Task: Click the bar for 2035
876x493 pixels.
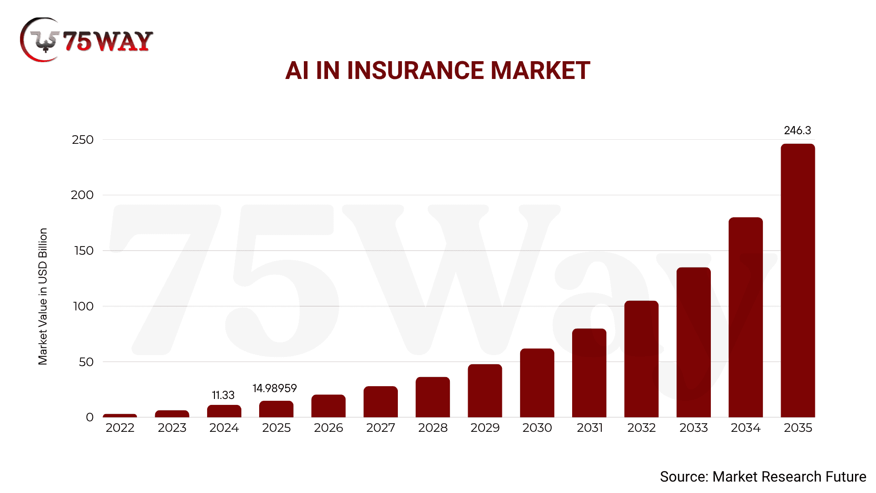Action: [x=798, y=280]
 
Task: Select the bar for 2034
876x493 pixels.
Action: [x=746, y=317]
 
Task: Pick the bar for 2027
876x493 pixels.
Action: [x=381, y=402]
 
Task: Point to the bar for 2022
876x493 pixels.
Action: [x=120, y=415]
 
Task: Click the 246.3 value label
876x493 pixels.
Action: [x=798, y=131]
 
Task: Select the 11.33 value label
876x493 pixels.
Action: [x=223, y=395]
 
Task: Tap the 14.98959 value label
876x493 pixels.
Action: [x=275, y=388]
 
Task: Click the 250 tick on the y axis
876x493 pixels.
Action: [x=83, y=140]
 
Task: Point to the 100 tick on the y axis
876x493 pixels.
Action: [x=83, y=306]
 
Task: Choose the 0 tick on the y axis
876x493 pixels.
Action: [x=89, y=417]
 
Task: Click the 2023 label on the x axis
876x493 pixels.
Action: [x=172, y=428]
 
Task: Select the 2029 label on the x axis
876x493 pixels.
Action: [x=485, y=428]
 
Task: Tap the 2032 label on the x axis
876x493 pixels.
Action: [x=641, y=428]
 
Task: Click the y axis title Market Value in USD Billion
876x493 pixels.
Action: [x=42, y=296]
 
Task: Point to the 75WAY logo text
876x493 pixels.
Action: [x=107, y=41]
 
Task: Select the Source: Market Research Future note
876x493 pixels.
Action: [x=763, y=477]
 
